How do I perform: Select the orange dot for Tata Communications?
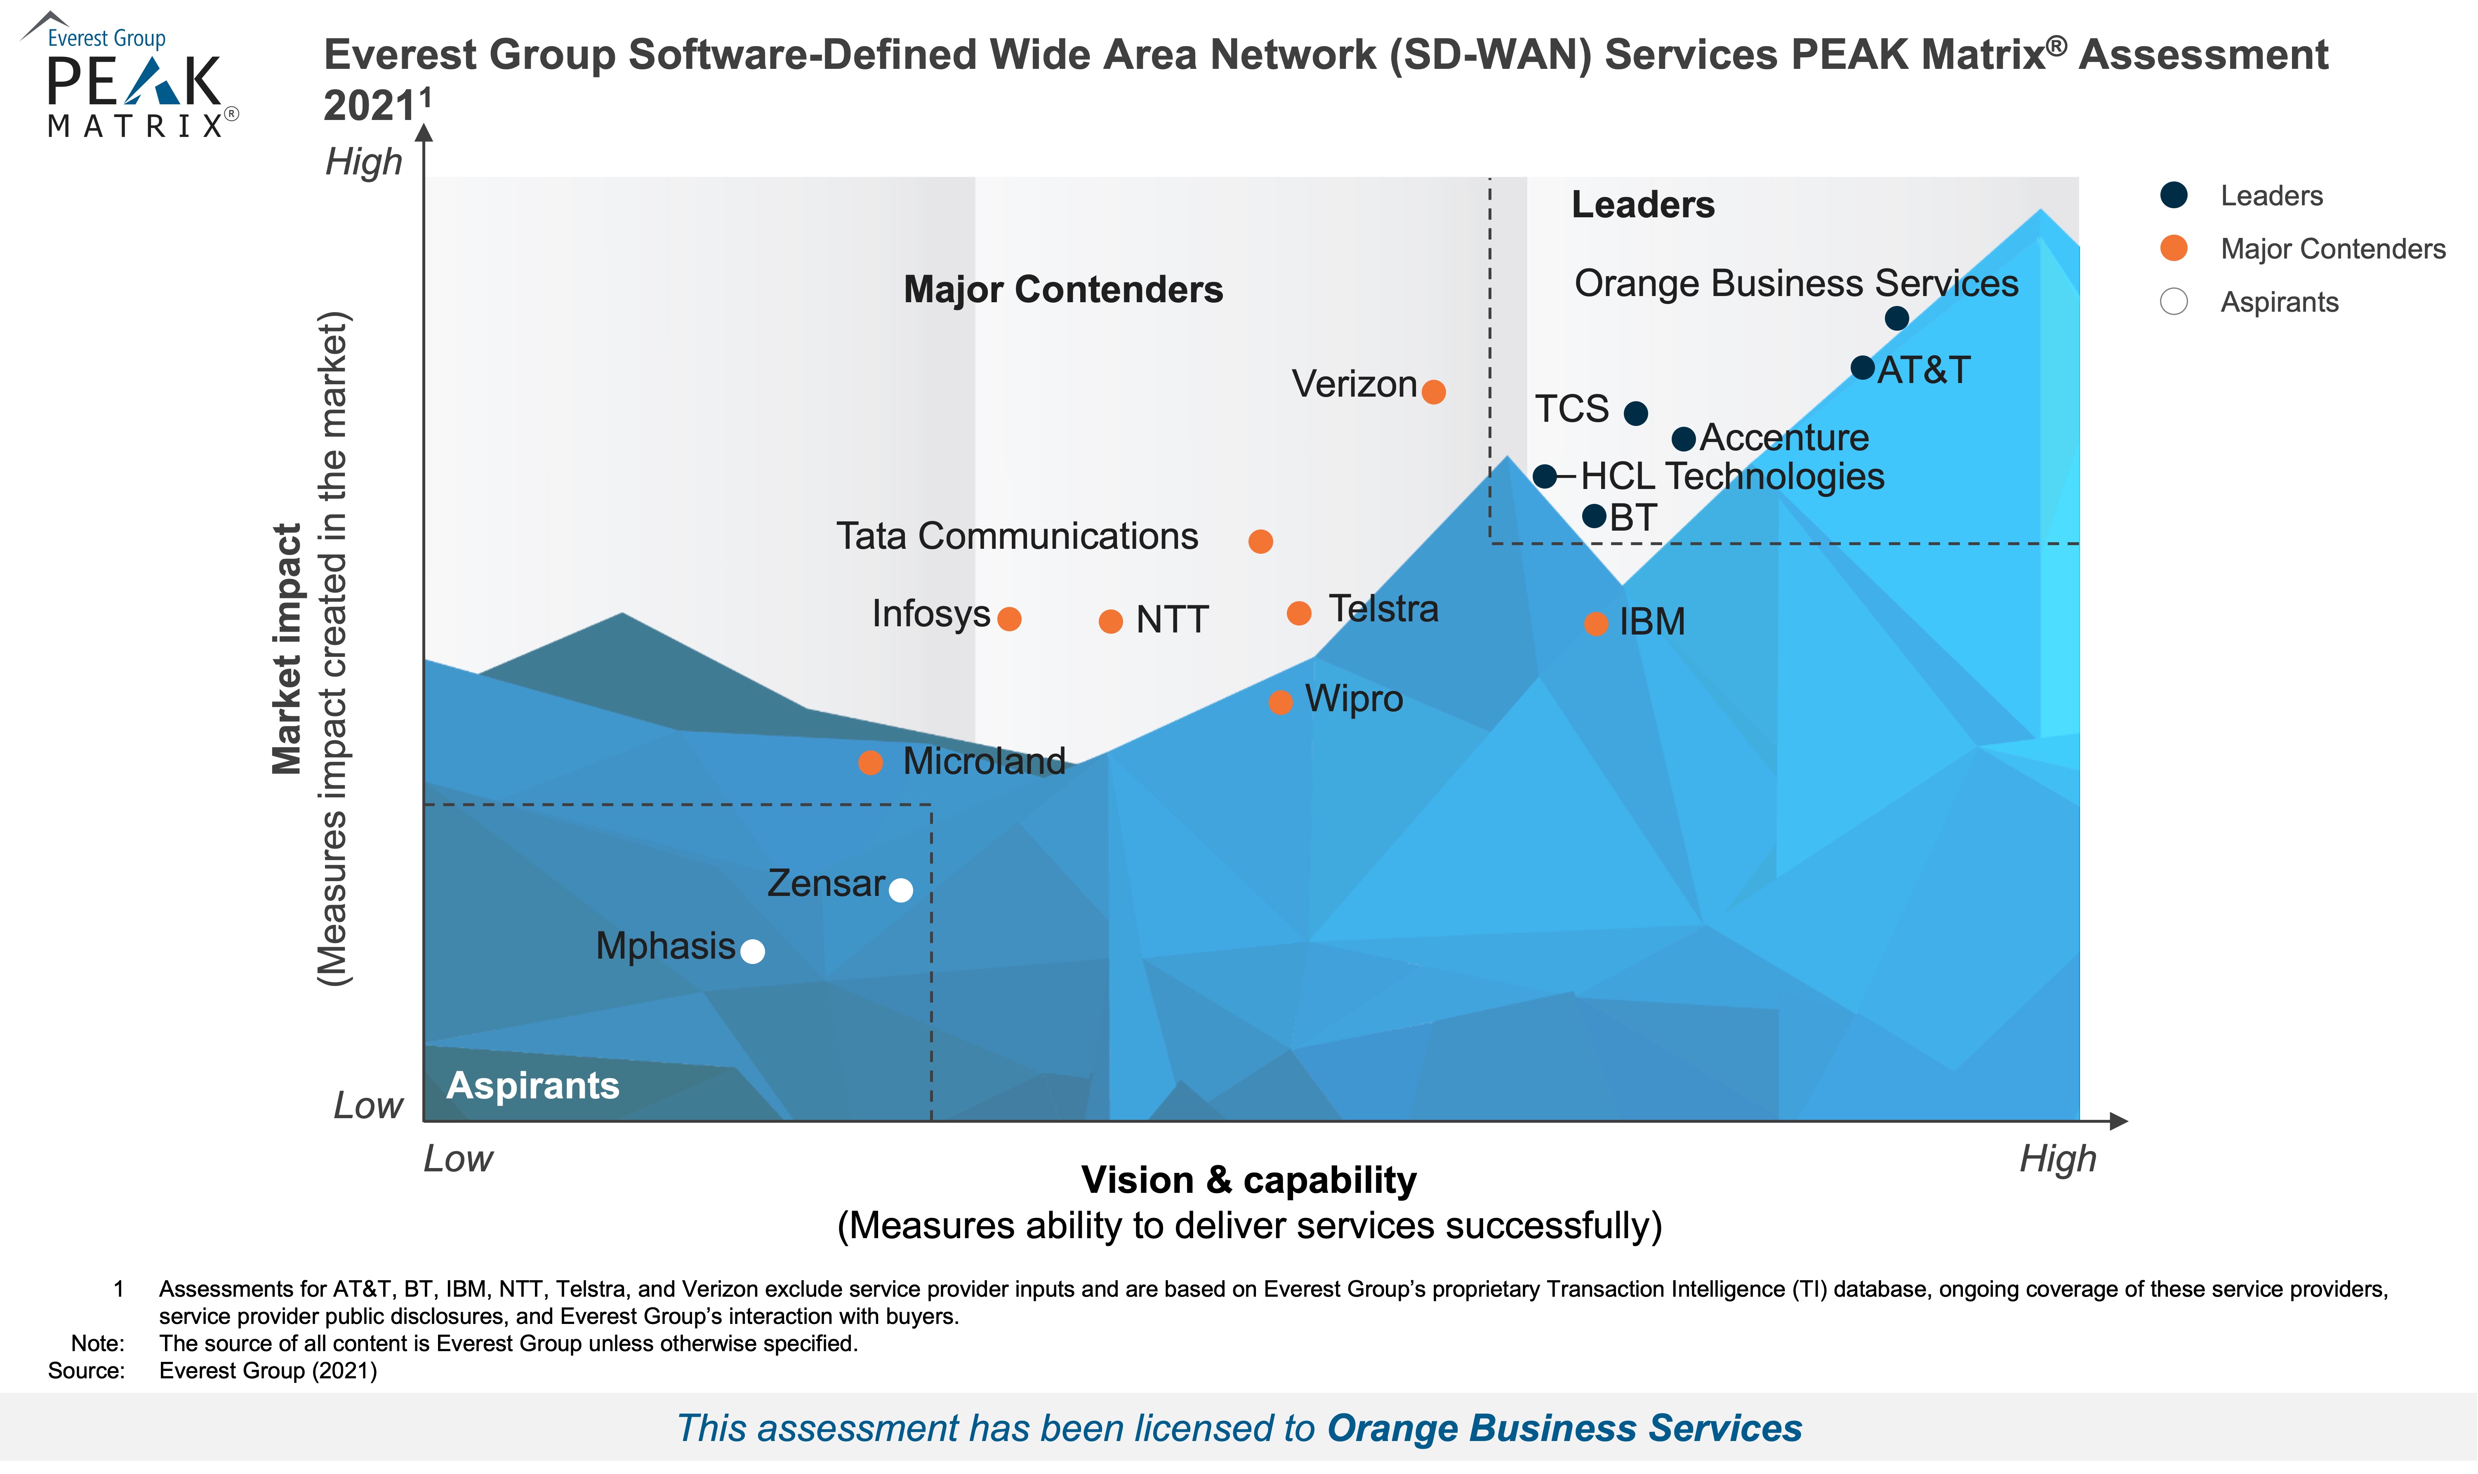point(1260,541)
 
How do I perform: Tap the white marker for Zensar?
point(900,890)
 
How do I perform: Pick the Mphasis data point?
point(753,952)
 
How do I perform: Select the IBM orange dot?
point(1596,624)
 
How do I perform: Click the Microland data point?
point(870,763)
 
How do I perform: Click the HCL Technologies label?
point(1732,477)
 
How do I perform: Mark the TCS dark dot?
point(1635,413)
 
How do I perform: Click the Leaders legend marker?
point(2174,196)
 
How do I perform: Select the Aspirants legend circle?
point(2174,302)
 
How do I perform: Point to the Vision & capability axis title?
point(1249,1180)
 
